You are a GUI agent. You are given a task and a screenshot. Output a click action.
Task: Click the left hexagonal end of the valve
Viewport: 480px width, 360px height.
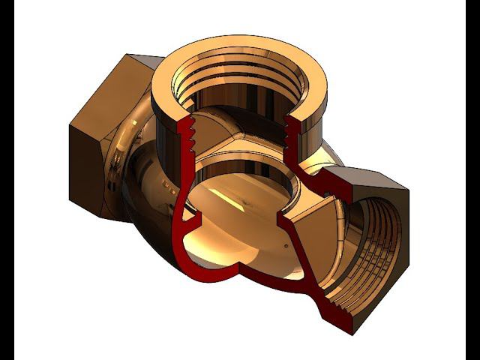94,142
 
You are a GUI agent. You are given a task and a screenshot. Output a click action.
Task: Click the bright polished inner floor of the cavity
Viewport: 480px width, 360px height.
225,240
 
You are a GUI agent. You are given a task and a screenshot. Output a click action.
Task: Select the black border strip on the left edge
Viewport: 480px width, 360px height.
7,180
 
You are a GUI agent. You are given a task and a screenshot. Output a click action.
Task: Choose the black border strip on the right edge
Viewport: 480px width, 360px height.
472,180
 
